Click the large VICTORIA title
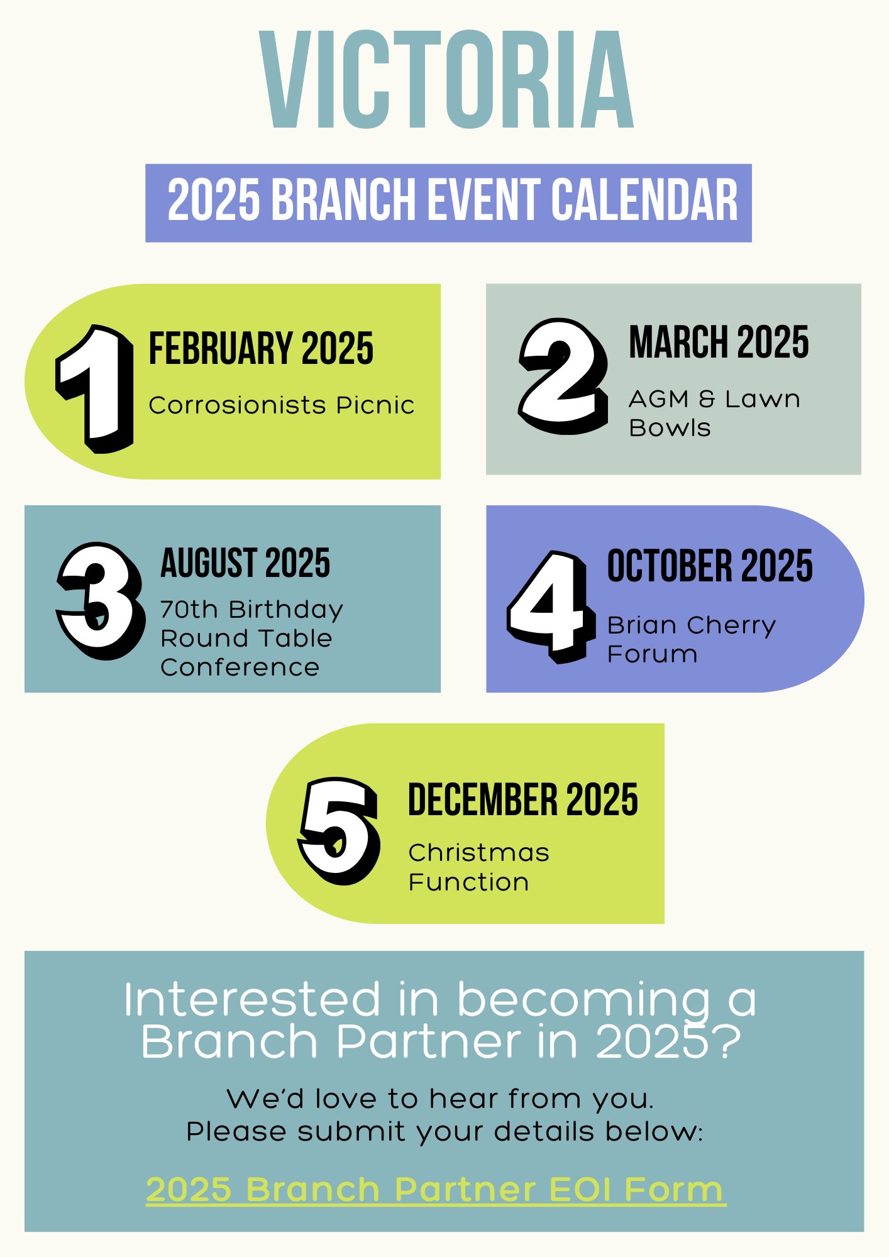[446, 80]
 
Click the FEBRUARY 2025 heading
[261, 348]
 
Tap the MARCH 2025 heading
[719, 343]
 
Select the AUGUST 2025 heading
[245, 563]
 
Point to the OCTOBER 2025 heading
[710, 566]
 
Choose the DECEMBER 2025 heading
[523, 800]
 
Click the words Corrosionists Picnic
[281, 405]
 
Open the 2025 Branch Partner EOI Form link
[435, 1189]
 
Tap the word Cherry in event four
[731, 625]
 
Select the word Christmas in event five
[478, 853]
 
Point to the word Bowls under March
[670, 428]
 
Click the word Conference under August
[240, 667]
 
